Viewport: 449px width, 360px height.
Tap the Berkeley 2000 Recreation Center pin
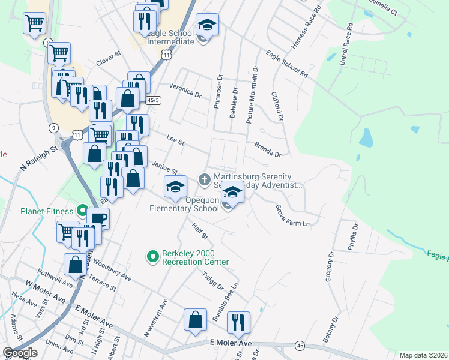pos(152,256)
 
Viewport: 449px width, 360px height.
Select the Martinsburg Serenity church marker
pos(204,179)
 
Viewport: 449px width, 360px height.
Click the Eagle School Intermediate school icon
pos(207,26)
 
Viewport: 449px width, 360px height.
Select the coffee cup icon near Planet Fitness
pos(98,219)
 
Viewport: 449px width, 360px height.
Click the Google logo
pos(20,353)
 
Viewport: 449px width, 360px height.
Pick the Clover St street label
pos(109,61)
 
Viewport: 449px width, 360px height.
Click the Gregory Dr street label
pos(329,266)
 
